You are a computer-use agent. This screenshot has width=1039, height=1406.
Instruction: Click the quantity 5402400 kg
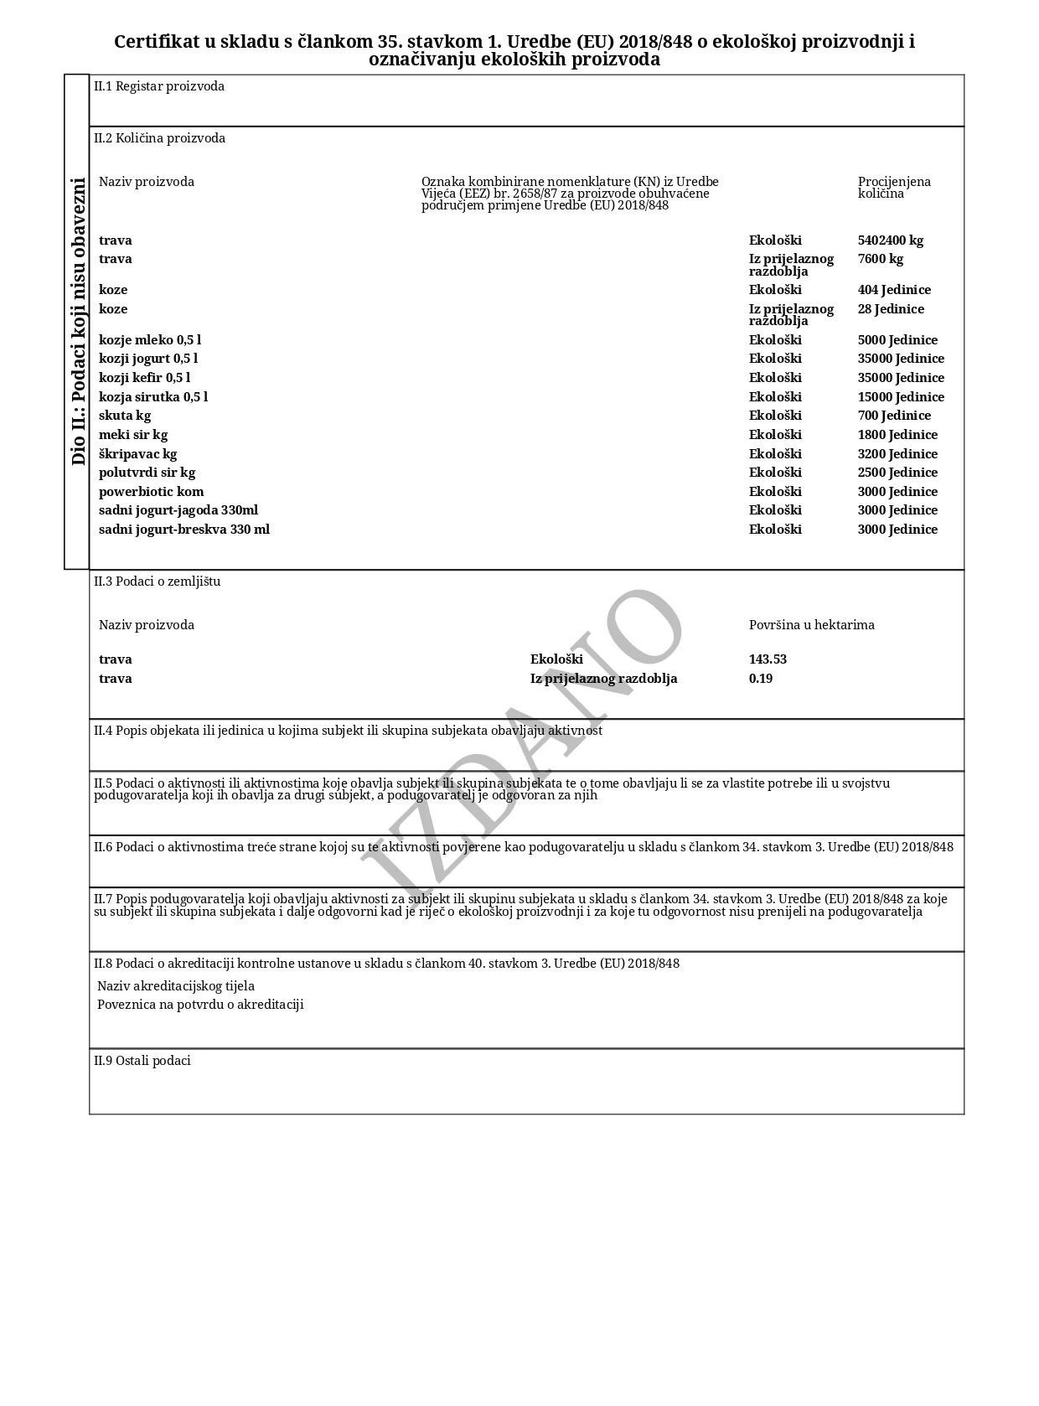(x=890, y=240)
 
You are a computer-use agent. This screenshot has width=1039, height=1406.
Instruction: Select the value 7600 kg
(x=880, y=259)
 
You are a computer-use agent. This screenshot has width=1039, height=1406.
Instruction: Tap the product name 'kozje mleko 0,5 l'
(x=150, y=340)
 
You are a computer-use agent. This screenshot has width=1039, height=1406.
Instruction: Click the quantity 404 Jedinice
(x=894, y=290)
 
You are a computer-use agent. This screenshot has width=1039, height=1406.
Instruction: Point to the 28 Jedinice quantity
(x=891, y=309)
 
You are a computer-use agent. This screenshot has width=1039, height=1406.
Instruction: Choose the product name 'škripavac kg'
(x=137, y=454)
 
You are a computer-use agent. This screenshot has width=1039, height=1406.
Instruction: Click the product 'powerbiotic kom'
(x=151, y=492)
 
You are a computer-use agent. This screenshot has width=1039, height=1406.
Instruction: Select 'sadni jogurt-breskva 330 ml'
(x=184, y=530)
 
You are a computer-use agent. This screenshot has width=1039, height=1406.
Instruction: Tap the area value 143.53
(x=768, y=659)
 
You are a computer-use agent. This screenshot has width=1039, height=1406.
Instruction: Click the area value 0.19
(x=761, y=679)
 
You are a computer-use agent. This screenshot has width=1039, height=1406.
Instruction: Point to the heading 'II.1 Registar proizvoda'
(x=159, y=86)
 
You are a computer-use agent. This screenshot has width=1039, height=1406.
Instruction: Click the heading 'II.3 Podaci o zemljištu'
(x=158, y=582)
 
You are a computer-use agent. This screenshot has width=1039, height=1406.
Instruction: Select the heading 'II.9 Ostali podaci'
(x=142, y=1061)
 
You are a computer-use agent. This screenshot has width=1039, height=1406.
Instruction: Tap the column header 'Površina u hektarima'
(x=811, y=625)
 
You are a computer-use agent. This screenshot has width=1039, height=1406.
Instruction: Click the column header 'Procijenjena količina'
(x=893, y=188)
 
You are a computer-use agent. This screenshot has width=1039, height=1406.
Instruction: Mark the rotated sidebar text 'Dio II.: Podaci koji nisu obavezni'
(x=78, y=322)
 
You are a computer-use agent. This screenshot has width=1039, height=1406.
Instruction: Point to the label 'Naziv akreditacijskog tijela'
(x=176, y=986)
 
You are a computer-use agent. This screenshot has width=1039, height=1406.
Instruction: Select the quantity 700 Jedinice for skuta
(x=894, y=416)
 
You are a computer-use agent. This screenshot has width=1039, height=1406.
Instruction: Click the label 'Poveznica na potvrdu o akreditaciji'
(x=200, y=1005)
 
